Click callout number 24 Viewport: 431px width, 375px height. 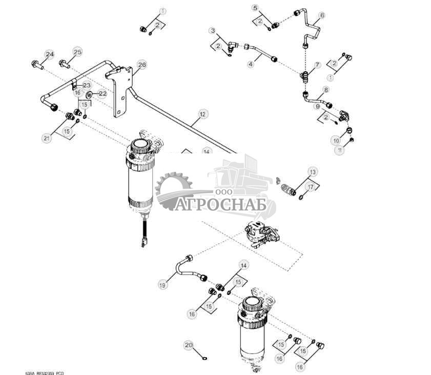pyautogui.click(x=49, y=54)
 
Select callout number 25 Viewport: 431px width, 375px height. pyautogui.click(x=77, y=52)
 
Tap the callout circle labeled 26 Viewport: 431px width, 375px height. pyautogui.click(x=142, y=65)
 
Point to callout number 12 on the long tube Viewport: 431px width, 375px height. pyautogui.click(x=203, y=113)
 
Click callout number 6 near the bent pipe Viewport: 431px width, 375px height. pyautogui.click(x=322, y=15)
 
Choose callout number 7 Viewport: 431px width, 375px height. pyautogui.click(x=317, y=65)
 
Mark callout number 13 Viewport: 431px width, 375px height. pyautogui.click(x=313, y=171)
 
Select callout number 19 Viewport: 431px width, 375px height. pyautogui.click(x=163, y=284)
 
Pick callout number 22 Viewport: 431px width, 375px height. pyautogui.click(x=102, y=93)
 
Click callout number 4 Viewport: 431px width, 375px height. pyautogui.click(x=251, y=64)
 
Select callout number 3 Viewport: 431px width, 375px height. pyautogui.click(x=212, y=31)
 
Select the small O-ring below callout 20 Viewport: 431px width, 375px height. pyautogui.click(x=204, y=359)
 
